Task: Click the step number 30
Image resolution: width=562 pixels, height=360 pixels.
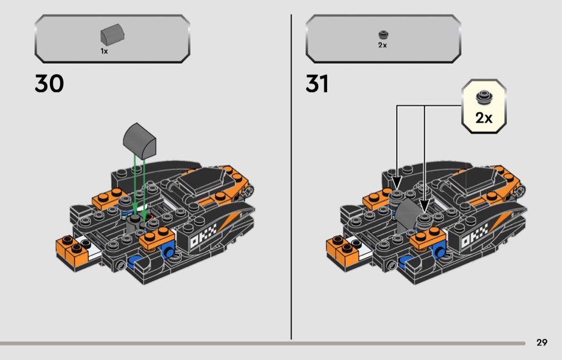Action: [49, 83]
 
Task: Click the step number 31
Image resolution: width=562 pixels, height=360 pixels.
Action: [317, 83]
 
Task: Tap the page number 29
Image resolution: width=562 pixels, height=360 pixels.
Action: [542, 342]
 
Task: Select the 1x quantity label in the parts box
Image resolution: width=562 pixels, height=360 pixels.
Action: [104, 51]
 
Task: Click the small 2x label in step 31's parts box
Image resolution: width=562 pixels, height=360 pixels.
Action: [383, 45]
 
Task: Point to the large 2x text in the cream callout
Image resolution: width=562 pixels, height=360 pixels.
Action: [484, 118]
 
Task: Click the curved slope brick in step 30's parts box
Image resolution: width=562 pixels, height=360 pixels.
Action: [112, 35]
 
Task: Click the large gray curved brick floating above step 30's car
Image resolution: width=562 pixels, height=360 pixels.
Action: [139, 141]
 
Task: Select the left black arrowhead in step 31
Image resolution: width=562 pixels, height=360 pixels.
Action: [397, 182]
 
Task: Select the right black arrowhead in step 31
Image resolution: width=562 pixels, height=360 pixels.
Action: [424, 206]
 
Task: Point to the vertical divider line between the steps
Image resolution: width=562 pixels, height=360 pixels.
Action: [291, 177]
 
